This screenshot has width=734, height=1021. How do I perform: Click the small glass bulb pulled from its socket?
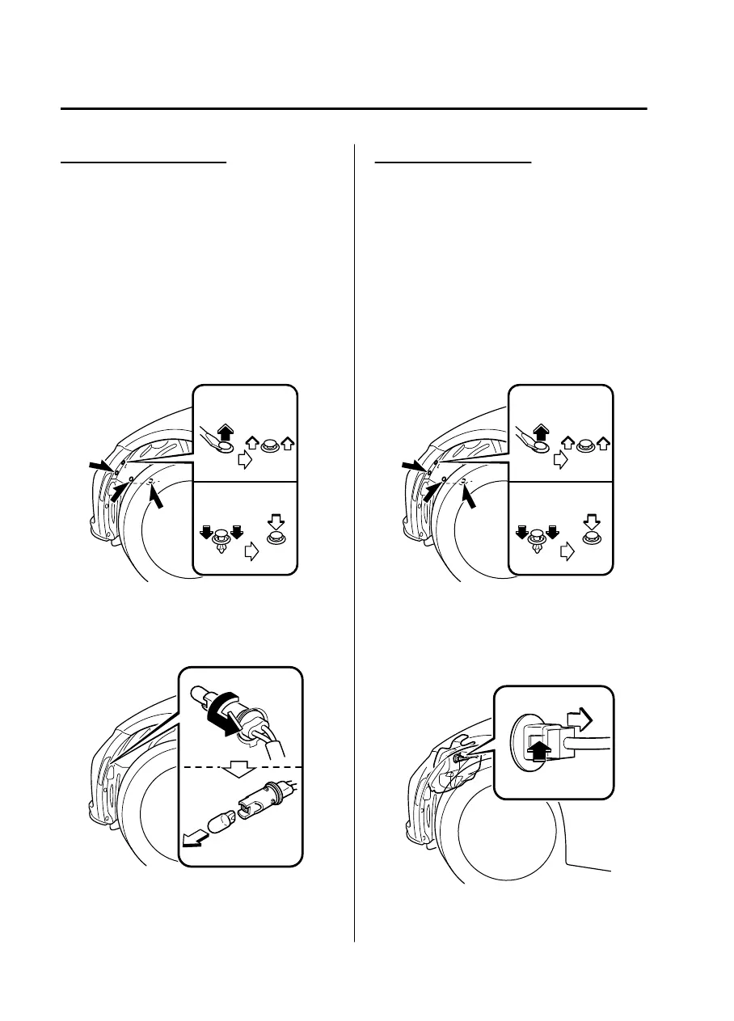point(221,824)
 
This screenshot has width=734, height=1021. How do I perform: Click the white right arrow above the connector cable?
point(581,719)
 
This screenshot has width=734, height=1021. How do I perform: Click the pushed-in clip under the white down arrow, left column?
point(276,537)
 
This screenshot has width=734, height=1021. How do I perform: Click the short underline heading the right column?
point(454,162)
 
